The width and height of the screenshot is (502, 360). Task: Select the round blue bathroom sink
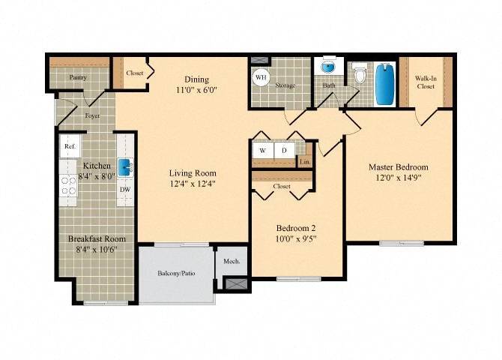point(327,67)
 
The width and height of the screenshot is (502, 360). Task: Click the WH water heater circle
point(261,77)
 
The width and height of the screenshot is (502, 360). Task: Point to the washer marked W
point(262,150)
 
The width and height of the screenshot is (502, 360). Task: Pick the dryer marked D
point(284,150)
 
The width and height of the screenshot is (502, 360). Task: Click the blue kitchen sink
point(129,166)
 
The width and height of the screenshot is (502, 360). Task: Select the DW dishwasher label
point(125,189)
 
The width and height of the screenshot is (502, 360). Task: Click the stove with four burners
point(70,185)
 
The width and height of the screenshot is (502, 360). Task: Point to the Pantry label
point(78,77)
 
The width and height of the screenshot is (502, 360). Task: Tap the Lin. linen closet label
point(304,161)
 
